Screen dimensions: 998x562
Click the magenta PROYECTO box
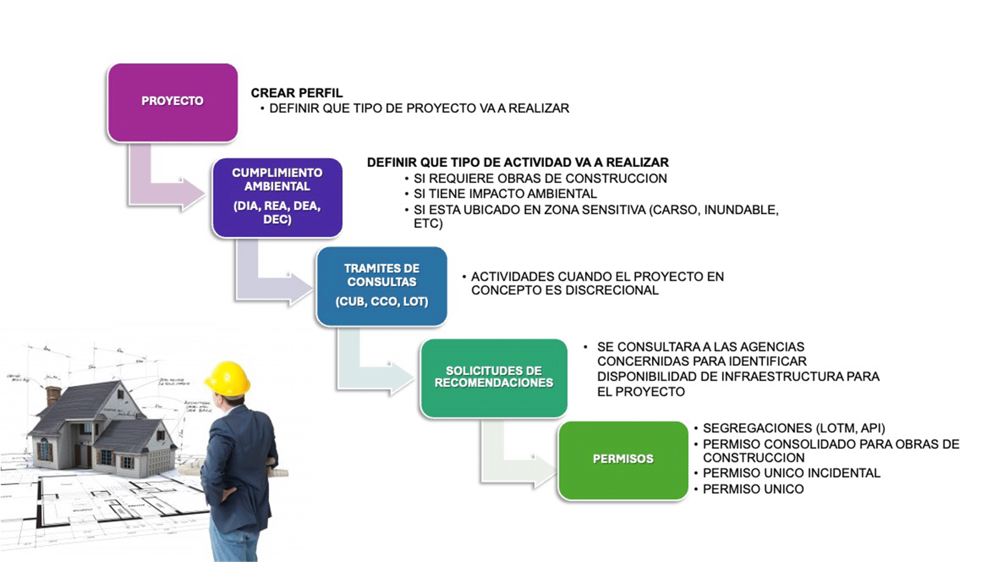173,103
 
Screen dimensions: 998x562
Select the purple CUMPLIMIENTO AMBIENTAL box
277,197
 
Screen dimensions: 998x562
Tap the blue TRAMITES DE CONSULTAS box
382,286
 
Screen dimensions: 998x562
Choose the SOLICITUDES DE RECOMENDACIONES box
494,378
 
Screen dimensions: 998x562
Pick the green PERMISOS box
623,460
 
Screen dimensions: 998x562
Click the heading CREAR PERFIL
297,93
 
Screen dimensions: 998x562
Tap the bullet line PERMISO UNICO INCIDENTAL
791,474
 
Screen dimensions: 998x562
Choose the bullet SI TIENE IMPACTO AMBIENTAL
505,194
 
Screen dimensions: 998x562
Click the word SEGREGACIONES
757,428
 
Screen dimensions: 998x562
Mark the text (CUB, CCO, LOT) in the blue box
382,302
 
